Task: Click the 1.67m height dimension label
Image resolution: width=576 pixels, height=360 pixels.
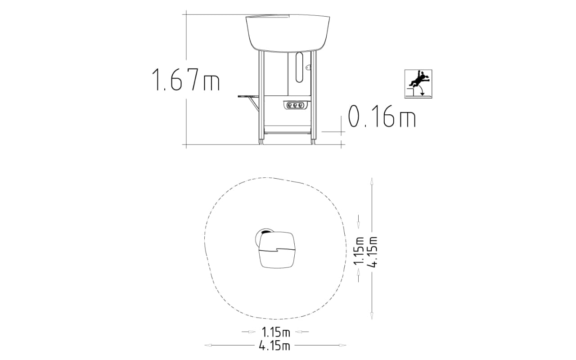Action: [x=186, y=80]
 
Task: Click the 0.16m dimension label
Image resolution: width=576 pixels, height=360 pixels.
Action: [x=382, y=116]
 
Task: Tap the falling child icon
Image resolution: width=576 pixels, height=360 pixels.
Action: [x=418, y=84]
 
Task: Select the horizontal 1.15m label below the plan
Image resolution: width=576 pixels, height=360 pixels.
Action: [x=276, y=332]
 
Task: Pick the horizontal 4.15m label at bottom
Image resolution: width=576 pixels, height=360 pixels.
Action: [x=274, y=346]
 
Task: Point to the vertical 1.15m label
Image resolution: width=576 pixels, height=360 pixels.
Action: [x=359, y=251]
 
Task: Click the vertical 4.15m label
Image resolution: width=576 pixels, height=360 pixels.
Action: [x=372, y=252]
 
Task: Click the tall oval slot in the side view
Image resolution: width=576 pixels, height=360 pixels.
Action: [x=299, y=67]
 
